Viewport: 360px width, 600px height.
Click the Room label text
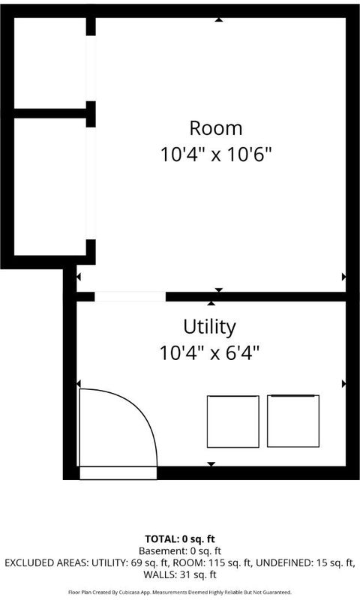click(x=216, y=128)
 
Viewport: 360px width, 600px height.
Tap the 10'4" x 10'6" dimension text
click(x=216, y=154)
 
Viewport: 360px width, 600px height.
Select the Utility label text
click(x=209, y=328)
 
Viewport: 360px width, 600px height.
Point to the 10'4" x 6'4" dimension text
click(x=209, y=352)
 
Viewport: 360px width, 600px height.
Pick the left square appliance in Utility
click(x=233, y=421)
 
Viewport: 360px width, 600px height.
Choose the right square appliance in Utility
click(x=293, y=421)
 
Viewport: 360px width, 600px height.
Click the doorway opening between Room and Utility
click(x=130, y=296)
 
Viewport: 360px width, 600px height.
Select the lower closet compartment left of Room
click(x=50, y=187)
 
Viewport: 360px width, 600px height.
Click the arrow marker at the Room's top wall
click(x=218, y=19)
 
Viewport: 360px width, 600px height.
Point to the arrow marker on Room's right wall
click(x=343, y=277)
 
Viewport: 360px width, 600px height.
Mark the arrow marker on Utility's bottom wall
click(x=211, y=464)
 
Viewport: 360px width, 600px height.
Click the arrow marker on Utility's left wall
click(x=79, y=383)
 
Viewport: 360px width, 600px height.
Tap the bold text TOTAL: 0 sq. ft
click(x=180, y=539)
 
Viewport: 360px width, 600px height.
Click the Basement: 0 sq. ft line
click(x=180, y=551)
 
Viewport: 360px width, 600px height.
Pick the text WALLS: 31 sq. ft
click(x=180, y=574)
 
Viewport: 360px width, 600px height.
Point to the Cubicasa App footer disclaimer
click(x=180, y=592)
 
